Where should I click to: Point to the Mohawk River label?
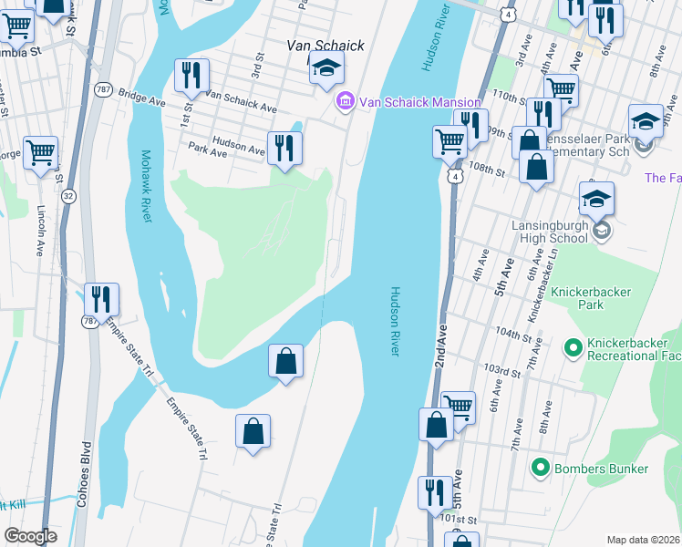[x=146, y=186]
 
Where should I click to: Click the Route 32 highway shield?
[x=68, y=196]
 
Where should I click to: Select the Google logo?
[x=30, y=536]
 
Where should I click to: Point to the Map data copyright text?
[x=643, y=540]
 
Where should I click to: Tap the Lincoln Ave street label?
[x=41, y=232]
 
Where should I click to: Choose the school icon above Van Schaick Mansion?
[x=326, y=67]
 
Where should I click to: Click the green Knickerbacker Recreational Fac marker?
[x=573, y=346]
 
